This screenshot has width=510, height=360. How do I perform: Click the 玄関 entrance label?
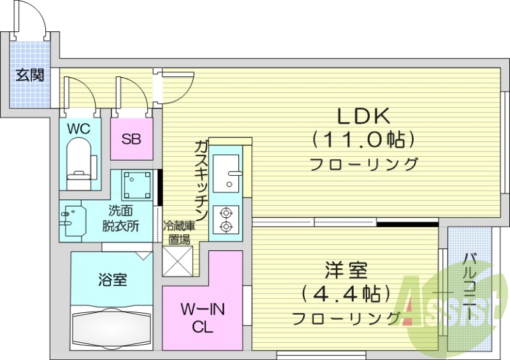[x=30, y=76]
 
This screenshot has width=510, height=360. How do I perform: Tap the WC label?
[x=80, y=129]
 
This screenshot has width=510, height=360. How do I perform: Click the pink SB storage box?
[x=132, y=139]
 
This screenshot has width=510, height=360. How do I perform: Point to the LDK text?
[x=363, y=116]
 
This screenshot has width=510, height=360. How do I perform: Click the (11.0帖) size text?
[x=363, y=138]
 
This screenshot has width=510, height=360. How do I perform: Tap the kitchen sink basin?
[x=226, y=172]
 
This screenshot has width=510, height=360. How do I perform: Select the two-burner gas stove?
[x=226, y=219]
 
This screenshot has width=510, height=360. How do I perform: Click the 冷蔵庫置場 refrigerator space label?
[x=178, y=233]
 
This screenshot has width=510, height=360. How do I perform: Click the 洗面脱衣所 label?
[x=121, y=219]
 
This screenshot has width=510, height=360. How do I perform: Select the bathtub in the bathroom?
[x=112, y=326]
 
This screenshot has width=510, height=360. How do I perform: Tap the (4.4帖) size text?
[x=345, y=294]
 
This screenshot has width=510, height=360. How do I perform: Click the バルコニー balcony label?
[x=470, y=287]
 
